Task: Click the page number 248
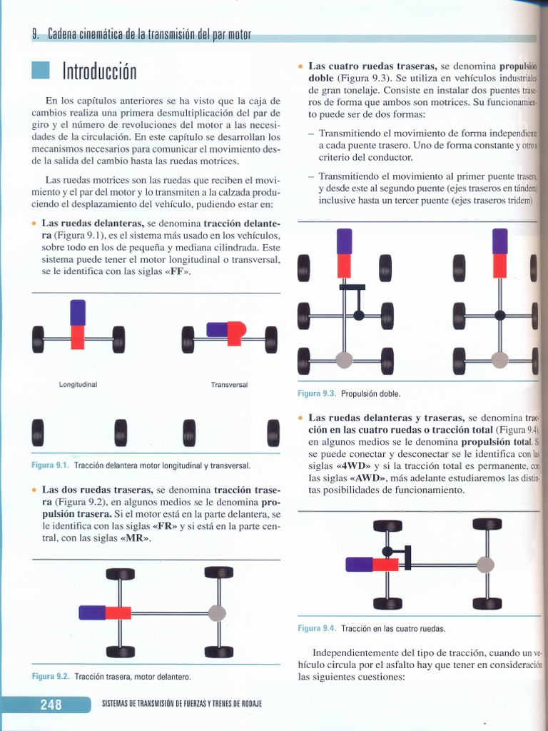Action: tap(51, 705)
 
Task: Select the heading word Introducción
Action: tap(99, 72)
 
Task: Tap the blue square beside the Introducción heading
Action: tap(41, 71)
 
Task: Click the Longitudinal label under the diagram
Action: tap(78, 384)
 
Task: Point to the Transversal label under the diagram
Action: tap(229, 384)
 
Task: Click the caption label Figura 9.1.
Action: tap(50, 465)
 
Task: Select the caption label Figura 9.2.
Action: tap(51, 676)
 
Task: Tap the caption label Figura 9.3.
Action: tap(317, 393)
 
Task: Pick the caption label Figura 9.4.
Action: tap(317, 628)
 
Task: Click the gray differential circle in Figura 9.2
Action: tap(217, 612)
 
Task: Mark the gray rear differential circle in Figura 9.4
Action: tap(486, 565)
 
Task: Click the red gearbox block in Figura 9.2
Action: tap(118, 612)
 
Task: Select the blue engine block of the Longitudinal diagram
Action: tap(78, 312)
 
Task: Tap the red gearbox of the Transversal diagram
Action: tap(235, 333)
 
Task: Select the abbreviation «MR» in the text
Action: tap(135, 538)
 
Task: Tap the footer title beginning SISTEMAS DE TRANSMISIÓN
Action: tap(182, 704)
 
